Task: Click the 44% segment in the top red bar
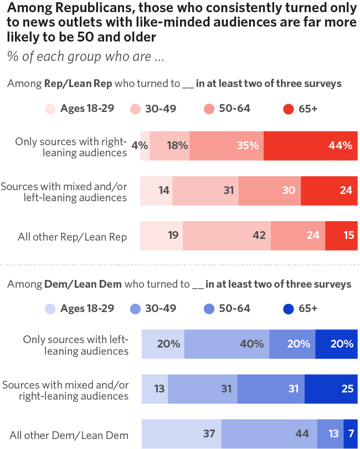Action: pos(311,146)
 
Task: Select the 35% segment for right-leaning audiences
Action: pos(227,146)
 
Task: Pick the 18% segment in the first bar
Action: pos(169,146)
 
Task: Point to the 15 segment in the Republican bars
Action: pos(341,236)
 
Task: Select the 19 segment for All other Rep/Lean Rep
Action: pos(161,236)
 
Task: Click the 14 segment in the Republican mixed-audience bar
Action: pos(156,191)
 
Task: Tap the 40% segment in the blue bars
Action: pos(227,344)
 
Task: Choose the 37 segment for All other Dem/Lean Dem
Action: pos(182,434)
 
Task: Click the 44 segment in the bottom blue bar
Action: pos(269,434)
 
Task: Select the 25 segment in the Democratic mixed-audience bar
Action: pos(331,389)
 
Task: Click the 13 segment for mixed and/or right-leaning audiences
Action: pos(155,389)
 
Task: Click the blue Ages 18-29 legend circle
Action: pos(50,309)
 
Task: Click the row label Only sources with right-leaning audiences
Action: pos(71,146)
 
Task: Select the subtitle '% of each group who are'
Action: pos(86,57)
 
